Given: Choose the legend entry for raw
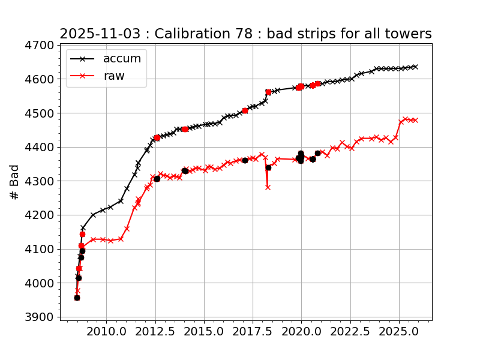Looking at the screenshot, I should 114,76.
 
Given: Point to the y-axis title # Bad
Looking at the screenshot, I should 15,182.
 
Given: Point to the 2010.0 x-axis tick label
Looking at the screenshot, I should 106,331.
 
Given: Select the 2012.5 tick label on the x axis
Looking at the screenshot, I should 155,331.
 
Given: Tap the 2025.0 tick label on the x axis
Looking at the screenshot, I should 399,331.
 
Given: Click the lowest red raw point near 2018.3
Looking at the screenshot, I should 268,187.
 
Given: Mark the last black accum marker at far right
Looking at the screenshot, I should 415,67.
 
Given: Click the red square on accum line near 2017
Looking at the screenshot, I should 245,110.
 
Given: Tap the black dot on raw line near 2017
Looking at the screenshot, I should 245,160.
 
